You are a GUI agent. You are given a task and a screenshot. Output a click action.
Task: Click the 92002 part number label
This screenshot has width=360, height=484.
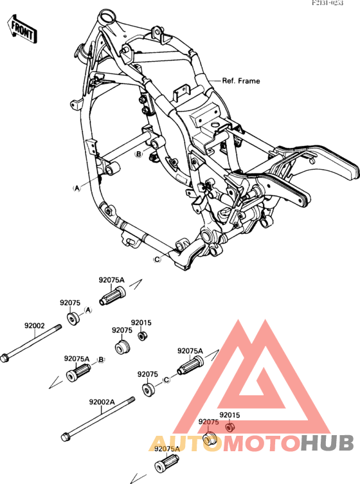pos(35,326)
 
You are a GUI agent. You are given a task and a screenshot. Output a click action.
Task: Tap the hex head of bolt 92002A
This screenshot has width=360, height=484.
pos(65,438)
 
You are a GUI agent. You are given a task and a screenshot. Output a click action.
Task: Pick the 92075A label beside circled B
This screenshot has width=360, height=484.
pos(76,359)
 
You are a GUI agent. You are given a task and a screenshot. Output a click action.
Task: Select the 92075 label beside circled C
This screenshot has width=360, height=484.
pos(148,373)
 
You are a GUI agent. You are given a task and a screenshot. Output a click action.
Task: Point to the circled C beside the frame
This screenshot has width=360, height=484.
pos(156,260)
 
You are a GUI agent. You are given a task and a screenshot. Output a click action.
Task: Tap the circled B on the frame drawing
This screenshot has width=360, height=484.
pos(138,155)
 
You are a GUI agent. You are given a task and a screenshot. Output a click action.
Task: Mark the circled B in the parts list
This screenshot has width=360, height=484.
pos(100,359)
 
